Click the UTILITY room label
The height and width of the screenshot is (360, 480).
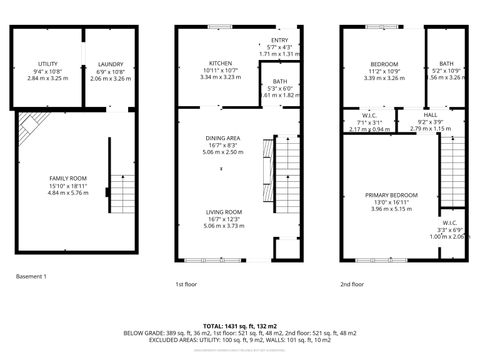tap(47, 64)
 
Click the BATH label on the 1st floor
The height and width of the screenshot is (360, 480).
tap(278, 82)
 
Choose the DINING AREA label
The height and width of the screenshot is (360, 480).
tap(222, 138)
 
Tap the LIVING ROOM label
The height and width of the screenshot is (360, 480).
tap(224, 212)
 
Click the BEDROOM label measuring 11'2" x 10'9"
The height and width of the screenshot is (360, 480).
tap(384, 64)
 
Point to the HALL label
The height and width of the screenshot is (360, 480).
tap(430, 116)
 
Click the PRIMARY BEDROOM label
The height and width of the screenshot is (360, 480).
tap(391, 194)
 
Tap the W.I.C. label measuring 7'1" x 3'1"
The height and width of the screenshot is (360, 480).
tap(368, 116)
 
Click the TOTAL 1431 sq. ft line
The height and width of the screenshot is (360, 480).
tap(240, 326)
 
